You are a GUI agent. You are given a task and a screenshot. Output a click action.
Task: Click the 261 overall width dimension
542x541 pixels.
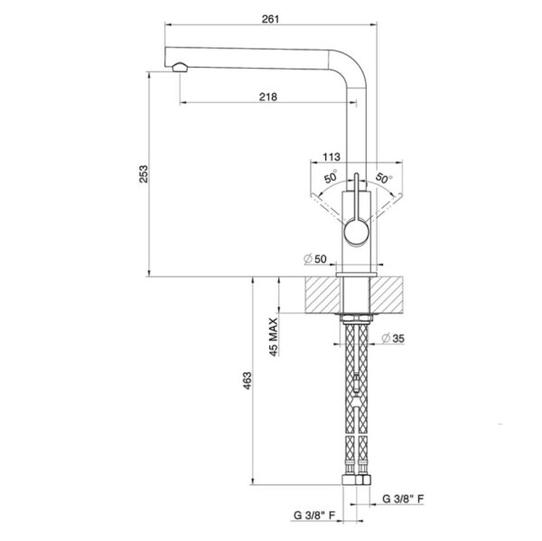pyautogui.click(x=270, y=19)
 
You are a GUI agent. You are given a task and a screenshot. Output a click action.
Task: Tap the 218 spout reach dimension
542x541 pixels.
pyautogui.click(x=268, y=97)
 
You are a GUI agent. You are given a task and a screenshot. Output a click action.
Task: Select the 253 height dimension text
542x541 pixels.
pyautogui.click(x=144, y=174)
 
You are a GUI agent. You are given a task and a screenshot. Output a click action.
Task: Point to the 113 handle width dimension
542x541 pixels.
pyautogui.click(x=332, y=157)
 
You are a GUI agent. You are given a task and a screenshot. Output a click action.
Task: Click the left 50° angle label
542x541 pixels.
pyautogui.click(x=331, y=177)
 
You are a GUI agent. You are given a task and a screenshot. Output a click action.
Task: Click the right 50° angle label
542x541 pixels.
pyautogui.click(x=383, y=178)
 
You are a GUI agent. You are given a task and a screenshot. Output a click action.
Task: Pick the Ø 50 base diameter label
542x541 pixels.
pyautogui.click(x=315, y=258)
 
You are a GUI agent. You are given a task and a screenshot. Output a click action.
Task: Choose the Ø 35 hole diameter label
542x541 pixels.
pyautogui.click(x=393, y=338)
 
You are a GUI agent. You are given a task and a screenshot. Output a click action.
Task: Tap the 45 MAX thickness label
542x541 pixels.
pyautogui.click(x=273, y=337)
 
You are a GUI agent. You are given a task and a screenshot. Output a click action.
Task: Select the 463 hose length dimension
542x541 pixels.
pyautogui.click(x=248, y=380)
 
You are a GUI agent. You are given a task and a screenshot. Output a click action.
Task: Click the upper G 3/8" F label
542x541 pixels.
pyautogui.click(x=403, y=499)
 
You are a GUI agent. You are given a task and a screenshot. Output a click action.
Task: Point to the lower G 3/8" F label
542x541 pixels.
pyautogui.click(x=314, y=516)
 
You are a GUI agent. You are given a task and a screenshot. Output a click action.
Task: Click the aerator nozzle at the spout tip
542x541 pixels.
pyautogui.click(x=180, y=67)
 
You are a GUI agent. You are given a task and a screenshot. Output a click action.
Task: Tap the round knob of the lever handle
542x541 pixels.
pyautogui.click(x=357, y=233)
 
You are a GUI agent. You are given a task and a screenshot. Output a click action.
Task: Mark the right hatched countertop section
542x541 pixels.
pyautogui.click(x=387, y=294)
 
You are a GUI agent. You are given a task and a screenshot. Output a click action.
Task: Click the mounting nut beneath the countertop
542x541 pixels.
pyautogui.click(x=355, y=318)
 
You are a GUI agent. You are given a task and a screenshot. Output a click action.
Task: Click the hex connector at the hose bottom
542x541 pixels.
pyautogui.click(x=357, y=480)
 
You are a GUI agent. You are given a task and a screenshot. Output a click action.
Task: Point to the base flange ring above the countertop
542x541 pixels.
pyautogui.click(x=356, y=275)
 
